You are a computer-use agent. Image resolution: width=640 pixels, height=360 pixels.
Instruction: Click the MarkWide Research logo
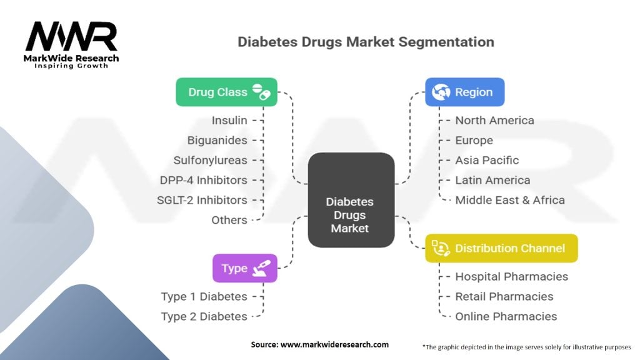coord(71,44)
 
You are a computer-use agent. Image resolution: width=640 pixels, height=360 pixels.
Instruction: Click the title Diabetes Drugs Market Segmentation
coord(366,42)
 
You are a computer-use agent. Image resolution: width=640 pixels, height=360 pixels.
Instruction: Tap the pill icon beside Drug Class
coord(262,92)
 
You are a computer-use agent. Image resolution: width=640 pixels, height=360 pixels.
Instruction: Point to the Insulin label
coord(229,120)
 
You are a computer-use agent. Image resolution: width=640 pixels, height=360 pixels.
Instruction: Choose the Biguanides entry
coord(217,140)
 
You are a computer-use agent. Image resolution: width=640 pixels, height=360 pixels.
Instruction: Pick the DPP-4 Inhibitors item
coord(203,180)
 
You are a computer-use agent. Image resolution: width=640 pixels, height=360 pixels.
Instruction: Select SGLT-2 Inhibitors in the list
coord(202,200)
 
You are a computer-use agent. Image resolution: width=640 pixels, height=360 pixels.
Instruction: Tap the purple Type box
coord(244,268)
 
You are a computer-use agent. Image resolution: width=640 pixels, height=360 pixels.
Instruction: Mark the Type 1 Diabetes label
coord(204,296)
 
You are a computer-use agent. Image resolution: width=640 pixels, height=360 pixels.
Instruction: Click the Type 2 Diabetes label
coord(204,316)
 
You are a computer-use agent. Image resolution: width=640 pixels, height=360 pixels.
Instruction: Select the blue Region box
coord(464,92)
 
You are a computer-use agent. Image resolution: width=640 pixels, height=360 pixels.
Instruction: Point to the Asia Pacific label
coord(487,160)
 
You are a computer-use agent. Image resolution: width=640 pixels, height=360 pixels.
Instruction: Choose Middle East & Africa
coord(509,200)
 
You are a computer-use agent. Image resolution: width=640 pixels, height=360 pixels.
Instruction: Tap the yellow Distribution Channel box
coord(501,248)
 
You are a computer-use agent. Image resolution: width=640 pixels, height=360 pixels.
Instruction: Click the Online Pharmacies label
coord(506,316)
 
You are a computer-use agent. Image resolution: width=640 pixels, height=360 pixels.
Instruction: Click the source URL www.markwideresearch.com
coord(336,344)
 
